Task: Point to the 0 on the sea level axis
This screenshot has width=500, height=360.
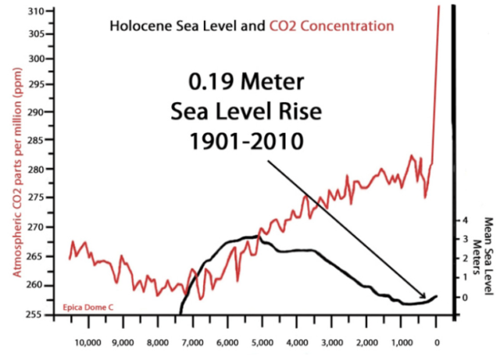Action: click(464, 298)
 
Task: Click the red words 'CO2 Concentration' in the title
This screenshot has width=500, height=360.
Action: click(332, 26)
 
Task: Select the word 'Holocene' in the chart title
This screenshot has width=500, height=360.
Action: click(137, 26)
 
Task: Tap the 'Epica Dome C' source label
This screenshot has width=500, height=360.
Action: click(88, 307)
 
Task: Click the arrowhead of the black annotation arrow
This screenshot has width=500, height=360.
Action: click(425, 296)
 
